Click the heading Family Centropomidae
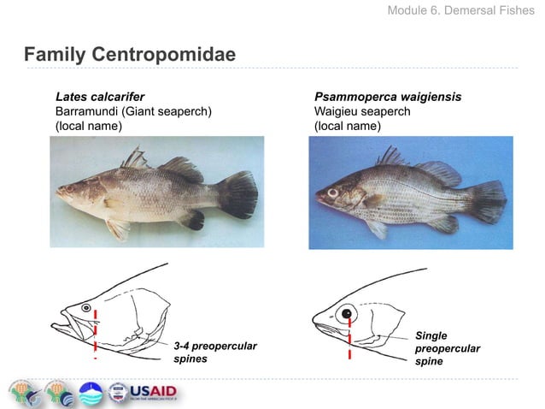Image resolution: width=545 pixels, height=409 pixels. pos(129,56)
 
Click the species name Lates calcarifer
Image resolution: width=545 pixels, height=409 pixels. pos(99,97)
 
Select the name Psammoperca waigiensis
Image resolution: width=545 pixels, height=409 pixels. pos(387,97)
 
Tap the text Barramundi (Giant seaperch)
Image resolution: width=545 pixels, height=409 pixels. pos(133,111)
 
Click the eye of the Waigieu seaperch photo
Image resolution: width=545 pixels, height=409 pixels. pos(332,194)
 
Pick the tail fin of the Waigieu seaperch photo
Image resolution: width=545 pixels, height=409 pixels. pos(489,202)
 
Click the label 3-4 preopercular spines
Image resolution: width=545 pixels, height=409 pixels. pos(214,352)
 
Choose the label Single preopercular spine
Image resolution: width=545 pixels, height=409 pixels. pos(446,348)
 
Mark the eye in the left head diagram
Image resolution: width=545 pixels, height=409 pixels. pos(85,306)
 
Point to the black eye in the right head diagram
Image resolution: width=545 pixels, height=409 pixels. pos(348,314)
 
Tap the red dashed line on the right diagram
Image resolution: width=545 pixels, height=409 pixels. pos(350,338)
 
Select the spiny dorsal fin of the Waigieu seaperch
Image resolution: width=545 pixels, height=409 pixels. pos(390,157)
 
